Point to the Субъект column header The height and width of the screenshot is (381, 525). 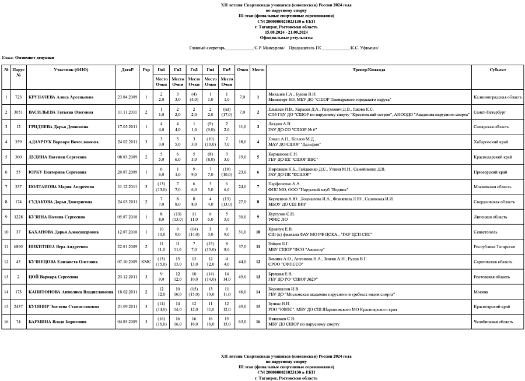tap(498, 70)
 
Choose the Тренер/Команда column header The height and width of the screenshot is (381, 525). tap(369, 70)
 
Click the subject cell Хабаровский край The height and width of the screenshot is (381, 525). tap(489, 142)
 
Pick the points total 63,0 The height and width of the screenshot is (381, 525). tap(243, 322)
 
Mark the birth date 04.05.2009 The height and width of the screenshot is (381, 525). tap(127, 322)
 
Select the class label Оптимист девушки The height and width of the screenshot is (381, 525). tap(34, 58)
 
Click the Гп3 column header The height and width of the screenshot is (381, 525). tap(195, 70)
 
